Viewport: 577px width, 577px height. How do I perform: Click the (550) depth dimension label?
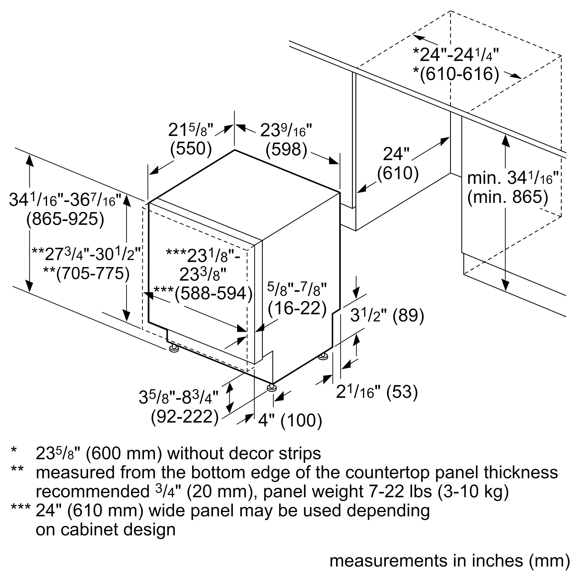tap(191, 148)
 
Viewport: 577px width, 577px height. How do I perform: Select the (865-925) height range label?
tap(65, 219)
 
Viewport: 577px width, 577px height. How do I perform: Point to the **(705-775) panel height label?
tap(86, 273)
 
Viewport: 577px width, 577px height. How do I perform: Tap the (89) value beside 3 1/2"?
tap(408, 315)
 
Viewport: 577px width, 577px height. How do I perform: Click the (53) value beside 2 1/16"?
tap(402, 391)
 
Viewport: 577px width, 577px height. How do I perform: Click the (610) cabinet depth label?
tap(398, 173)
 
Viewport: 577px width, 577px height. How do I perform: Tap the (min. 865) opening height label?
tap(508, 197)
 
